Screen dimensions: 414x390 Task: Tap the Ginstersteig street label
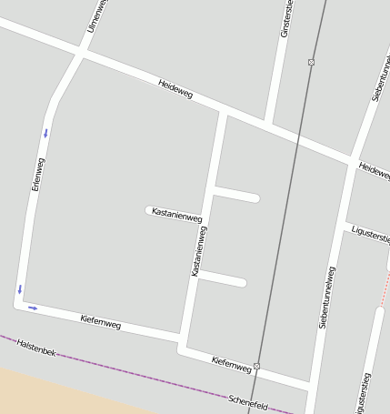click(286, 18)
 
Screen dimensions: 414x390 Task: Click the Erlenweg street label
click(37, 173)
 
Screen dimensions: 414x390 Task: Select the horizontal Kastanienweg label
click(176, 215)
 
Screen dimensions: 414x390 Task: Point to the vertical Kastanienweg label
click(198, 251)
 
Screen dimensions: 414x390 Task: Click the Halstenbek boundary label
click(37, 347)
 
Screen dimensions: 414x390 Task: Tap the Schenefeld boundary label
click(248, 401)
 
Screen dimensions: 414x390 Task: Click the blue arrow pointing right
click(33, 308)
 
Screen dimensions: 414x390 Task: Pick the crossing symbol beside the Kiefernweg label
click(256, 366)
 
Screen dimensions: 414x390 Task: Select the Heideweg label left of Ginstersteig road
click(175, 88)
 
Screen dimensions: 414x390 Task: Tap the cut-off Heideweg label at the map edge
click(374, 170)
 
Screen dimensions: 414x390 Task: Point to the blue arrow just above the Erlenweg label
click(45, 134)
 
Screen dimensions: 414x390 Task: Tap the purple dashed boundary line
click(136, 374)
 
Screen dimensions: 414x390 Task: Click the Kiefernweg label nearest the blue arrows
click(100, 320)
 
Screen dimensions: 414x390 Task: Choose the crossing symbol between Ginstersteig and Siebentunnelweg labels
click(311, 62)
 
